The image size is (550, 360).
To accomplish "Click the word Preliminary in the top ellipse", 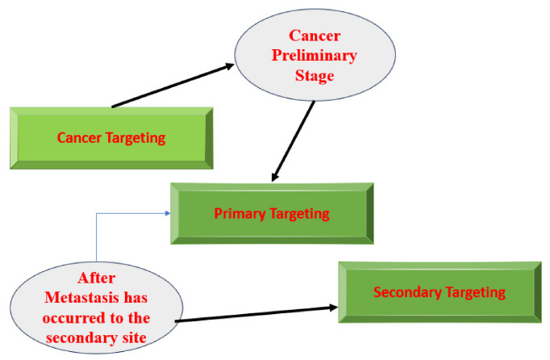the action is [x=315, y=56].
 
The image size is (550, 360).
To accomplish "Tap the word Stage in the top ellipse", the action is [x=315, y=76].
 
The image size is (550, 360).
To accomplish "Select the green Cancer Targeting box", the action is [x=111, y=138].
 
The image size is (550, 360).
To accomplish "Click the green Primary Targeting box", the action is [x=273, y=214].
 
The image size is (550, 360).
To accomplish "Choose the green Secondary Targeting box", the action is [x=440, y=292].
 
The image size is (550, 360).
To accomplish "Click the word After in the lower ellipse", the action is [x=97, y=278].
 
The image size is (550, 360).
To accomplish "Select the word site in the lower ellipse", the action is [x=135, y=338].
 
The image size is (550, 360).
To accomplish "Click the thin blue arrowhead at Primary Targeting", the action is [x=168, y=213].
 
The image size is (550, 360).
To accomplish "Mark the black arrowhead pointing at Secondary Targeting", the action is [x=334, y=308].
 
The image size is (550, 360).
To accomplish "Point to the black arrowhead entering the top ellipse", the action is [x=229, y=66].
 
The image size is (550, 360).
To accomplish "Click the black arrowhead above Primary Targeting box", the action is [x=275, y=177].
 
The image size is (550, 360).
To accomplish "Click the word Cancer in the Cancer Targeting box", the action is [x=79, y=138].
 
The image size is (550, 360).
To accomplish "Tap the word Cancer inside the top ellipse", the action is [x=315, y=36].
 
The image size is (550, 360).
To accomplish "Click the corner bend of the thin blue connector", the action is [x=97, y=213].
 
